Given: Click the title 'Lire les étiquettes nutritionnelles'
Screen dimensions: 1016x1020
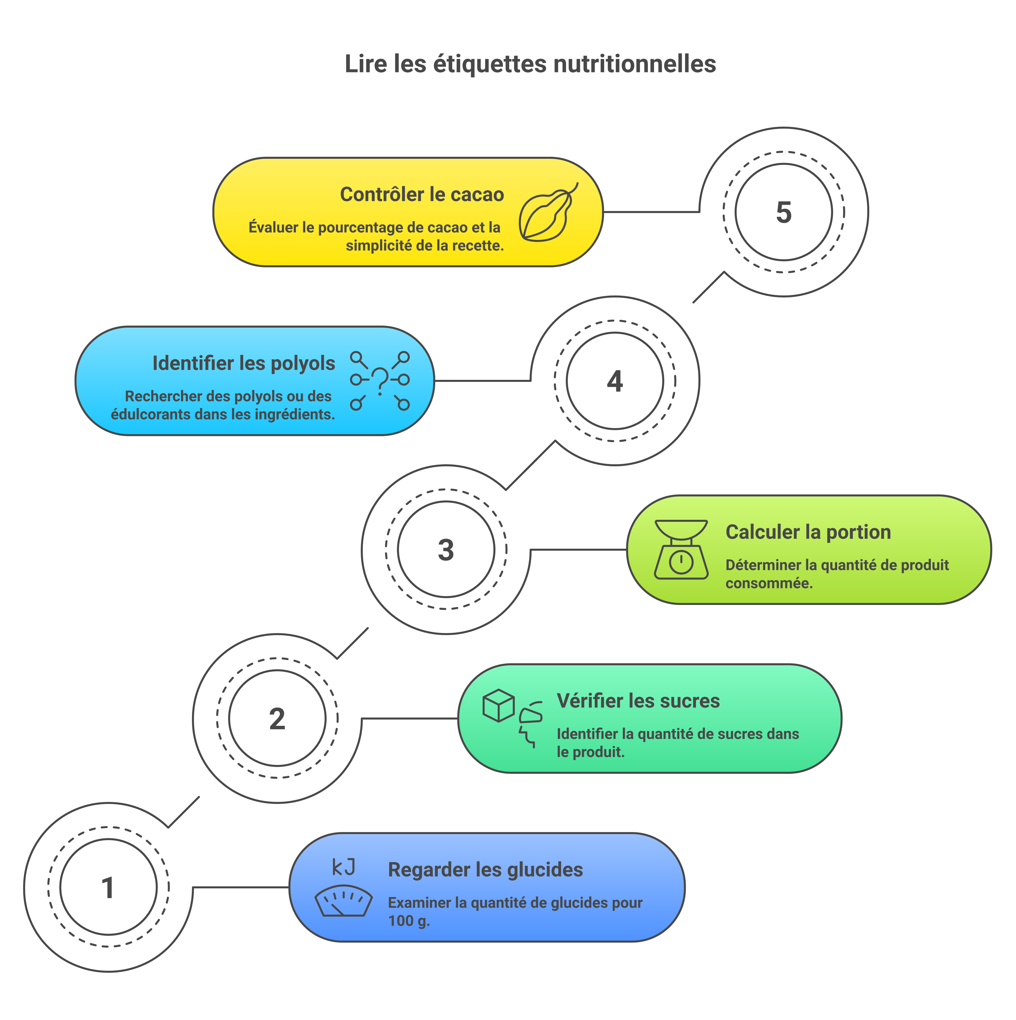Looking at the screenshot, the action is pyautogui.click(x=530, y=64).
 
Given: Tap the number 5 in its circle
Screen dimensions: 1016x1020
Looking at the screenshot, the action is pyautogui.click(x=784, y=212).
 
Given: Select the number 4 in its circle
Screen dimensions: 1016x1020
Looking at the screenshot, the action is pyautogui.click(x=615, y=381).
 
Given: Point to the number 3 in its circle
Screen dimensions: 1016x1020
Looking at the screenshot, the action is pyautogui.click(x=446, y=550).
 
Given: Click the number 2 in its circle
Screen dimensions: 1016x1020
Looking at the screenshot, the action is pyautogui.click(x=277, y=719).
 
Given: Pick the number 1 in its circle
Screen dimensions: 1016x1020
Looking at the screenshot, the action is pyautogui.click(x=108, y=888).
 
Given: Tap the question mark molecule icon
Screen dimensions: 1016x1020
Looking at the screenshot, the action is pyautogui.click(x=380, y=381).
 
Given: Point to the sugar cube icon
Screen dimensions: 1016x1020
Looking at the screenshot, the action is pyautogui.click(x=498, y=705).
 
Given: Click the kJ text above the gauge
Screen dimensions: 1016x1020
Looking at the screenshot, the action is pyautogui.click(x=343, y=867).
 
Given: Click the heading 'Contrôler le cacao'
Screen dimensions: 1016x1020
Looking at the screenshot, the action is pyautogui.click(x=422, y=194).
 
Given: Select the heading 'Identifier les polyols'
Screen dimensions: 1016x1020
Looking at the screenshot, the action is pyautogui.click(x=243, y=363).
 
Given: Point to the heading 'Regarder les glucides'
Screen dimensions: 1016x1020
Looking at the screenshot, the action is pyautogui.click(x=485, y=870).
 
